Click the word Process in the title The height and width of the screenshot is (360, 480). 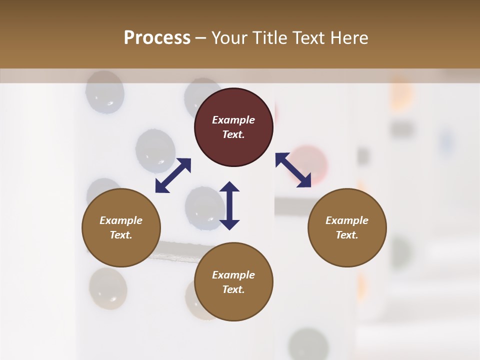(157, 38)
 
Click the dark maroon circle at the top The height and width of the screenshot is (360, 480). (233, 127)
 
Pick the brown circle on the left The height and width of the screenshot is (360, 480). (121, 228)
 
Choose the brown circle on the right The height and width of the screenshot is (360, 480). (347, 228)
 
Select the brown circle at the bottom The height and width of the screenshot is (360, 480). (233, 282)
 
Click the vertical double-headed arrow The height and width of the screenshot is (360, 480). (229, 205)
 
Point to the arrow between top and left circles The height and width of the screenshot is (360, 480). (173, 175)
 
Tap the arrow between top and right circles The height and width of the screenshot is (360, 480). (293, 170)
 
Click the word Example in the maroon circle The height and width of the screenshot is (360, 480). (233, 120)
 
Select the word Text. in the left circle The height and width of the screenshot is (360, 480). (121, 235)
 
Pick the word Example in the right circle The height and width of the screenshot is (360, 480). (347, 220)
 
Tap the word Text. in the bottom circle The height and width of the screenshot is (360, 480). (233, 289)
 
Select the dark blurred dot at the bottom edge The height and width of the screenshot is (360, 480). (307, 345)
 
